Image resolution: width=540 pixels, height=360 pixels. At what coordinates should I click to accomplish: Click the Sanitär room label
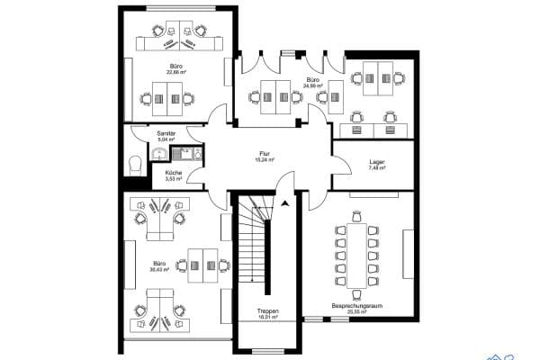point(166,133)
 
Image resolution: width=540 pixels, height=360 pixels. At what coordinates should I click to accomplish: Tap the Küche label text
point(173,172)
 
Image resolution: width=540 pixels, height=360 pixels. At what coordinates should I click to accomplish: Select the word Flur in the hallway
point(264,154)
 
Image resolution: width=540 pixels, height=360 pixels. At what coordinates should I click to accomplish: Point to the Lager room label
point(377,161)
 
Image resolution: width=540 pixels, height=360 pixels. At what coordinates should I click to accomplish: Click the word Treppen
point(267,310)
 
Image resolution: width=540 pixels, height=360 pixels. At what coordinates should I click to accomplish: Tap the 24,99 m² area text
point(312,86)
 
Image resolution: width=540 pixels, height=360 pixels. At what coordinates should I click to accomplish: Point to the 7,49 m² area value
point(377,167)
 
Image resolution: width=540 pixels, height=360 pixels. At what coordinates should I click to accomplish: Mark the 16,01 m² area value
point(267,317)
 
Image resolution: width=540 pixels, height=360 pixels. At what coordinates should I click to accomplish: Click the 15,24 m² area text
point(264,160)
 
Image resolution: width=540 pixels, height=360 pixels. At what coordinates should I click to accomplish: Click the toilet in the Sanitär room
point(134,164)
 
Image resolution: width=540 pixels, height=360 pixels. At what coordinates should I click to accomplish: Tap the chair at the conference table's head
point(358,217)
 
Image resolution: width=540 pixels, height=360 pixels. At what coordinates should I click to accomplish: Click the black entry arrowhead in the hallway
point(285,203)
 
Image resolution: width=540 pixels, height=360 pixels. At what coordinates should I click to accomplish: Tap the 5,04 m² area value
point(166,139)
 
